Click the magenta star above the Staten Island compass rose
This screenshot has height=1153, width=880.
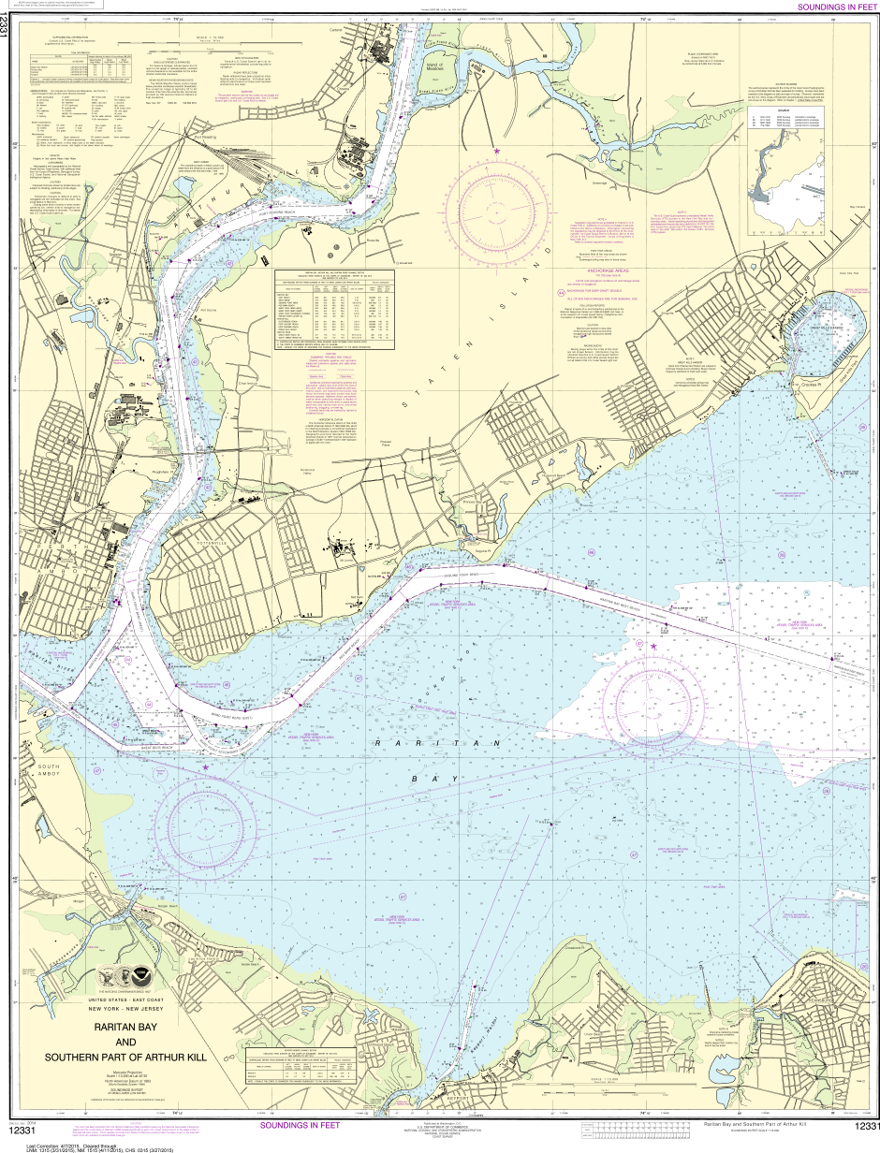(x=496, y=151)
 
